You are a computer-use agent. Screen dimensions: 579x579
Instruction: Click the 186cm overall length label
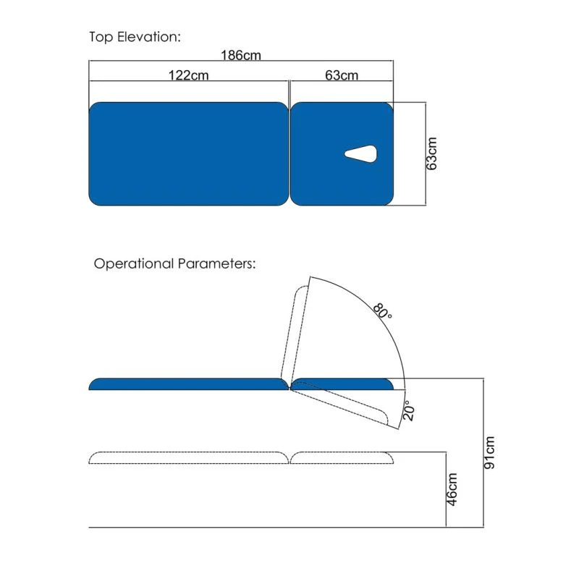click(x=241, y=56)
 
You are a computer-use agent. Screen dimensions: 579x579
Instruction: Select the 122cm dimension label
click(x=188, y=75)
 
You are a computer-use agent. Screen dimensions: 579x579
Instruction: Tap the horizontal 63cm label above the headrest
click(x=342, y=75)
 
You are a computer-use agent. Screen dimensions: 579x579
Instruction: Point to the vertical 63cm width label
click(x=431, y=153)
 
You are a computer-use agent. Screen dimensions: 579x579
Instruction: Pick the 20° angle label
click(x=408, y=410)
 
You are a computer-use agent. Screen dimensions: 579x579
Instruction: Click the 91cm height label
click(x=489, y=453)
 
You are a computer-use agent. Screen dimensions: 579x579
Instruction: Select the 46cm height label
click(x=452, y=489)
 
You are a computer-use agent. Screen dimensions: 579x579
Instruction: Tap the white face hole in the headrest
click(x=360, y=154)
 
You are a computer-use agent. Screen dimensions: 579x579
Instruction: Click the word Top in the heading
click(x=101, y=38)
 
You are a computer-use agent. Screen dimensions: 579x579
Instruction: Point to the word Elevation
click(x=149, y=37)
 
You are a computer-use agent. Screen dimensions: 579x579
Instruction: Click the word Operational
click(x=134, y=264)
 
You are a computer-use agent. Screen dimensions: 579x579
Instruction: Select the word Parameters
click(x=216, y=263)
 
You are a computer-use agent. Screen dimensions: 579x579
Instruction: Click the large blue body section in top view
click(x=188, y=153)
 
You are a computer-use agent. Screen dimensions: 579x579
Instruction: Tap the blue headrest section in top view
click(x=342, y=153)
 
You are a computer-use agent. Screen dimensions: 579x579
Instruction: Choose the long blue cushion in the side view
click(x=189, y=384)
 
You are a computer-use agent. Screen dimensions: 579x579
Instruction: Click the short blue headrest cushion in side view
click(x=342, y=384)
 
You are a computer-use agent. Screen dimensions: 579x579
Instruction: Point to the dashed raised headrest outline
click(x=295, y=332)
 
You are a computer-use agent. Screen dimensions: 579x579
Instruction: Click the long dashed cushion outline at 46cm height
click(x=189, y=458)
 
